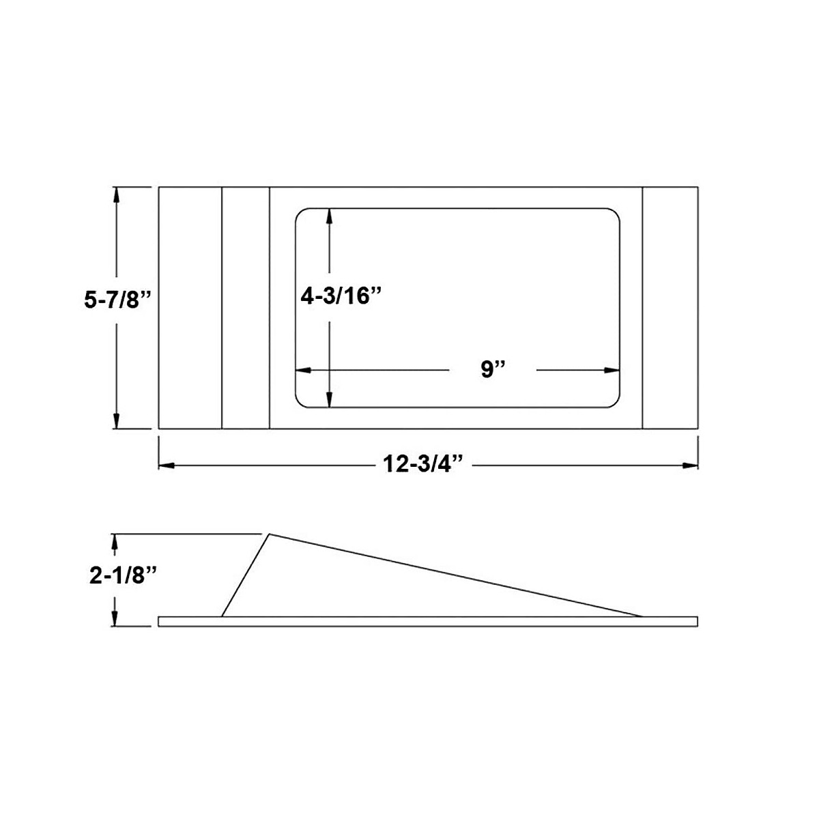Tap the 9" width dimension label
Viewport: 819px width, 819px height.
(x=492, y=370)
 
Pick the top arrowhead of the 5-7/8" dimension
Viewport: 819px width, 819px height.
(x=117, y=194)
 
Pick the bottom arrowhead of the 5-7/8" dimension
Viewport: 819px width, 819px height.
(x=117, y=421)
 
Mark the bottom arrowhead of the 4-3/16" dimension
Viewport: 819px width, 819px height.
(x=330, y=401)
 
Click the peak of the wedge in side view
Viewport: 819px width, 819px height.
(x=270, y=534)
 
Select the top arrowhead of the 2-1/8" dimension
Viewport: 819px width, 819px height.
(x=117, y=541)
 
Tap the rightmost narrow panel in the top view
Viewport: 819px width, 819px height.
(x=670, y=307)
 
